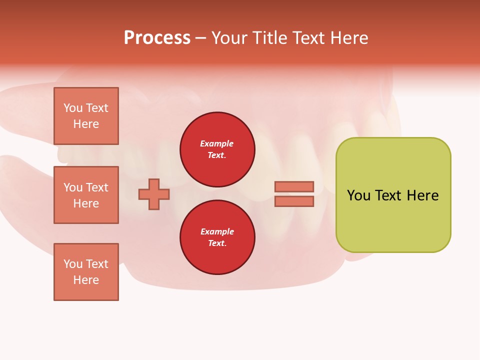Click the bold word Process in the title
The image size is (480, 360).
tap(157, 38)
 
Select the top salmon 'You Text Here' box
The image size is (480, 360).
tap(86, 116)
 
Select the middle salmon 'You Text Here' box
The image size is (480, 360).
tap(86, 195)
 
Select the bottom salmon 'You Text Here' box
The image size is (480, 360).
tap(86, 271)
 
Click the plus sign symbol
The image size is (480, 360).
tap(154, 194)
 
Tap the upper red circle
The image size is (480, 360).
tap(217, 149)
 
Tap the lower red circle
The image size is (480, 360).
tap(217, 237)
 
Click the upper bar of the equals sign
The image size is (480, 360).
tap(294, 186)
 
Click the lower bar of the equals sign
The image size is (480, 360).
tap(294, 201)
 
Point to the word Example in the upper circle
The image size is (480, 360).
tap(216, 143)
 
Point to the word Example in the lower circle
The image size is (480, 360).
tap(217, 231)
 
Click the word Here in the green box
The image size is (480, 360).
tap(422, 195)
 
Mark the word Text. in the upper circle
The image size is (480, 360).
tap(217, 155)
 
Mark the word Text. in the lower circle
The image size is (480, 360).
tap(217, 243)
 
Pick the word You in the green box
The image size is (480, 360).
tap(358, 195)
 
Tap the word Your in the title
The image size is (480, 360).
tap(229, 38)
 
